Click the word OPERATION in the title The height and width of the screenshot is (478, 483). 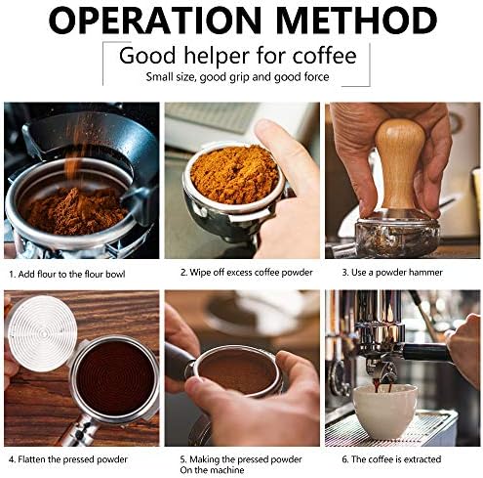[155, 21]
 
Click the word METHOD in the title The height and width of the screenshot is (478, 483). [356, 21]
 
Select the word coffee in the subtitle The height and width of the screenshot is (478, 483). [324, 56]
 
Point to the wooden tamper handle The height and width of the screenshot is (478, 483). [400, 162]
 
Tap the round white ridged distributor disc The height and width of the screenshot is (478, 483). [42, 333]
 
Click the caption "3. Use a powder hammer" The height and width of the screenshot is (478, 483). [392, 273]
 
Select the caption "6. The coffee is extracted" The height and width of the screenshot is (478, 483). [391, 459]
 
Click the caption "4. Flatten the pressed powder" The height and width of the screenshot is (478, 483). [68, 459]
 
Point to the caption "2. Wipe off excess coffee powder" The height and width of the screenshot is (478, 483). [246, 273]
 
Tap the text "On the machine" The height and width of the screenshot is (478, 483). [212, 470]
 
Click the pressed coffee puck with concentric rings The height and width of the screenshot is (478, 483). [114, 378]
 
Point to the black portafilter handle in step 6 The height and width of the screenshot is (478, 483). [426, 352]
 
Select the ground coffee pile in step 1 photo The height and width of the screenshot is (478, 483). [76, 211]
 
